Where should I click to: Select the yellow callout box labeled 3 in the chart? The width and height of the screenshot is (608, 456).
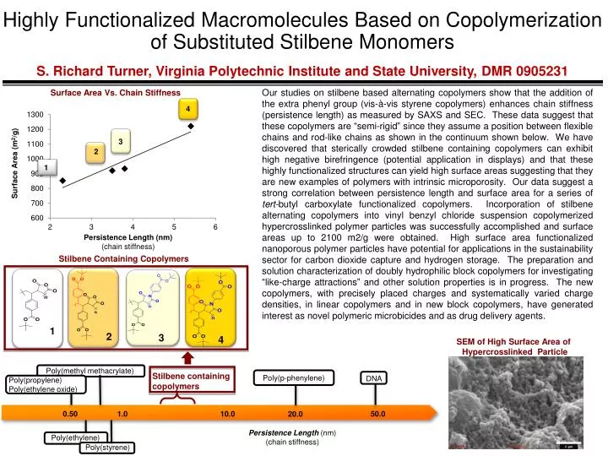click(121, 141)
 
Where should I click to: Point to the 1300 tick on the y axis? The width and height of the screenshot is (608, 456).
click(35, 114)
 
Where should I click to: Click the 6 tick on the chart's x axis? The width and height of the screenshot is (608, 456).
click(216, 226)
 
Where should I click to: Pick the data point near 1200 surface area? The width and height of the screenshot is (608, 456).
click(191, 126)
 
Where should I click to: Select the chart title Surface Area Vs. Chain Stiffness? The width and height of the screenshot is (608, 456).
click(117, 92)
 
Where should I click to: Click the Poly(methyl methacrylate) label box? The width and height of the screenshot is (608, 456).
click(90, 370)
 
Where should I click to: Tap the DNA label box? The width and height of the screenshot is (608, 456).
click(375, 378)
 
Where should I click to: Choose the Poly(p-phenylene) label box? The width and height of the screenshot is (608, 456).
click(294, 377)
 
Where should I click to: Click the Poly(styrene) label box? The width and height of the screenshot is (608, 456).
click(106, 448)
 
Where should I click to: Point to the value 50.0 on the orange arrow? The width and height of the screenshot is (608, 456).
click(377, 414)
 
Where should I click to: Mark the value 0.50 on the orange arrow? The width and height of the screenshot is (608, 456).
click(70, 414)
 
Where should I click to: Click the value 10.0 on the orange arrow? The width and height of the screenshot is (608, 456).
click(227, 414)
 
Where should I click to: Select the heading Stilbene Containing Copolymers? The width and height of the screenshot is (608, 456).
click(122, 258)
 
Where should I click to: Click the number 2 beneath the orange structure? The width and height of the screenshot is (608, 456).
click(109, 336)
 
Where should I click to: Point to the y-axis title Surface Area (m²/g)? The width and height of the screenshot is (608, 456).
click(15, 164)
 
